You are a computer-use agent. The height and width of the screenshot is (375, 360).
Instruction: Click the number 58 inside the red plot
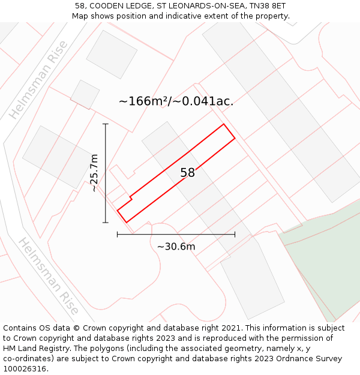click(188, 173)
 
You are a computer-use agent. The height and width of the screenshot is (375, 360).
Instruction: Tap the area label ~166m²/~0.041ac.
click(176, 101)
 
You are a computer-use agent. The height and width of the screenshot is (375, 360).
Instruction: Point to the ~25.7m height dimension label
click(94, 173)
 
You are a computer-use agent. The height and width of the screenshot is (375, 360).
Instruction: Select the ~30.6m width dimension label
click(176, 247)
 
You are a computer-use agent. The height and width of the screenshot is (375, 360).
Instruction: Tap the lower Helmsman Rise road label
click(49, 277)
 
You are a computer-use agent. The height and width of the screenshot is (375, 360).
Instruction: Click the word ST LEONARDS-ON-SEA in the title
click(195, 6)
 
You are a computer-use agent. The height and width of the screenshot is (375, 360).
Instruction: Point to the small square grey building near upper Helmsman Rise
click(85, 94)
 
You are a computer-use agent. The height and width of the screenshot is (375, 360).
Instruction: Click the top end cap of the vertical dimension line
click(106, 124)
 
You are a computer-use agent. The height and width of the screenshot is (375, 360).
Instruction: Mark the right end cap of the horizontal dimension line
click(235, 235)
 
